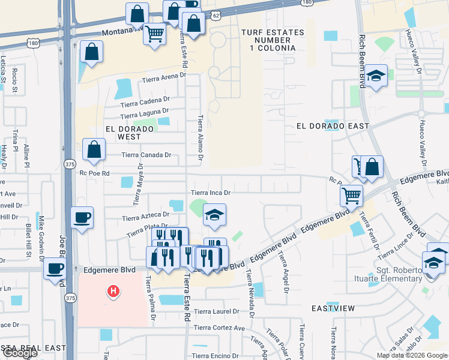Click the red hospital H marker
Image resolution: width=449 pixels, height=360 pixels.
pos(112,292)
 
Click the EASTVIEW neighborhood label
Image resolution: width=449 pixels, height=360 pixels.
pos(333,308)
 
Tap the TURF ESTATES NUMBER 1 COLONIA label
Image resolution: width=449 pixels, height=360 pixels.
pos(268,40)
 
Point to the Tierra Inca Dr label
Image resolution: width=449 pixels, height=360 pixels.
pos(211,193)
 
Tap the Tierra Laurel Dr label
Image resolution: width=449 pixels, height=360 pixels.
pos(216,311)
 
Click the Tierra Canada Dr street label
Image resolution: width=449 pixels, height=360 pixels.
pos(146,155)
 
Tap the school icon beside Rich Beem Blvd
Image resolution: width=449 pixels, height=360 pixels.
pos(376,76)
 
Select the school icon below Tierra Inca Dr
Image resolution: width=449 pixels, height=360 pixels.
pos(214,215)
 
